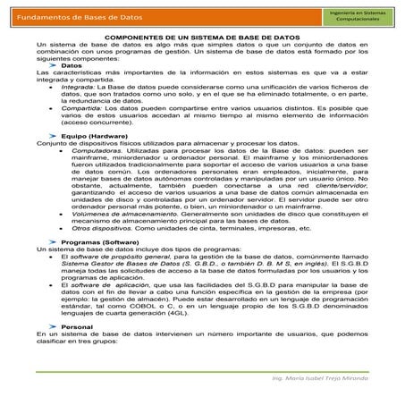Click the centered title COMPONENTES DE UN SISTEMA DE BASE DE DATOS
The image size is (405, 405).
click(202, 38)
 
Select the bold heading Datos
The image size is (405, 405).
click(73, 66)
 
